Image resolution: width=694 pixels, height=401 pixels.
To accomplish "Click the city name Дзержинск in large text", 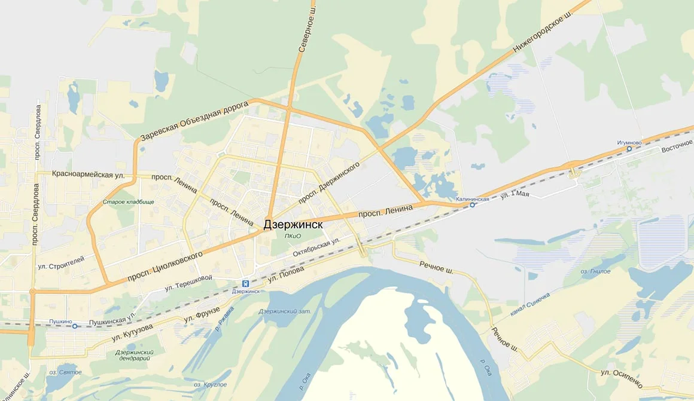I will coord(293,225).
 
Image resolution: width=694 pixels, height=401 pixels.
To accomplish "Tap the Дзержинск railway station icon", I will coord(245,283).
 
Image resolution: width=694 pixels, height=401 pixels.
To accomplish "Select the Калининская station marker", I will coord(472,205).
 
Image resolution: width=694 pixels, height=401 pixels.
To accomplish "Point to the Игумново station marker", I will coord(629,149).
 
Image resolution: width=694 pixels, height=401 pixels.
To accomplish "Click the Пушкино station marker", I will coord(75,326).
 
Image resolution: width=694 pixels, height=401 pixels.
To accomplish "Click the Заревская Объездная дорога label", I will coord(194,121).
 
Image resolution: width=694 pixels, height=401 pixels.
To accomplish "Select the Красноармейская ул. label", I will coord(88,175).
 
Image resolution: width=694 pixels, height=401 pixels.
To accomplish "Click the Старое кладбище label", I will coord(128,202).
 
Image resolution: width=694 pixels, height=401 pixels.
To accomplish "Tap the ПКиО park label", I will coord(293,236).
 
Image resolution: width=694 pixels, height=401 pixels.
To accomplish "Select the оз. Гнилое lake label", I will coord(595,271).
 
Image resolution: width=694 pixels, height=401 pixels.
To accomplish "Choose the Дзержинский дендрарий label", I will coord(135,356).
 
